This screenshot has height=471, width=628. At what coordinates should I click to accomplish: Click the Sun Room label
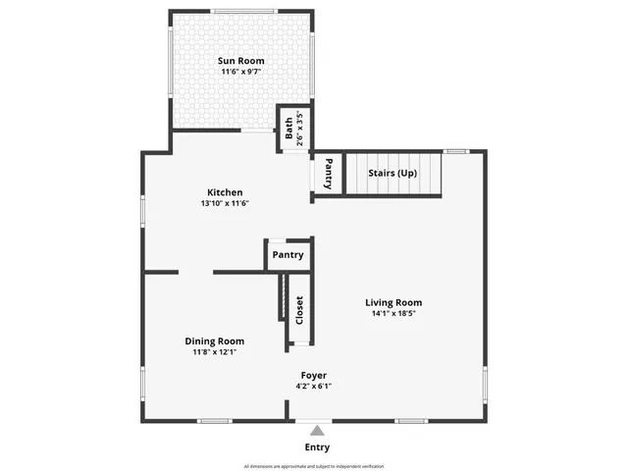[240, 61]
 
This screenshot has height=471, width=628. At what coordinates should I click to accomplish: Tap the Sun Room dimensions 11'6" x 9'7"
[240, 73]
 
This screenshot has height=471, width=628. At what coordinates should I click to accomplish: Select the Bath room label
[288, 127]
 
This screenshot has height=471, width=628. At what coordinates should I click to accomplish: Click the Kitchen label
[225, 192]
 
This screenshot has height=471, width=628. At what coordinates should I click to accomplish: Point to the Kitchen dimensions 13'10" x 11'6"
[225, 204]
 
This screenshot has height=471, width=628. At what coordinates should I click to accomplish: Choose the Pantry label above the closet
[288, 255]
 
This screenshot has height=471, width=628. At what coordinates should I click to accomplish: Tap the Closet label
[299, 311]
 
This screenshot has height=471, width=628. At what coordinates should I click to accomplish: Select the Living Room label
[393, 303]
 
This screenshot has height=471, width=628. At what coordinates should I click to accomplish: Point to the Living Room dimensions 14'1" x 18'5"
[393, 315]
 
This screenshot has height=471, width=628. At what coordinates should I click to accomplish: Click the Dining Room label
[215, 341]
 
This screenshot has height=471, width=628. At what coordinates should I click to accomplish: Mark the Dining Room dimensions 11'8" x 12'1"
[215, 352]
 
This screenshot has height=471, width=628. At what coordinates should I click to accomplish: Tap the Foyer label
[314, 376]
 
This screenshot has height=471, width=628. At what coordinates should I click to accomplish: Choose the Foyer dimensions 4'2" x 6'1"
[314, 387]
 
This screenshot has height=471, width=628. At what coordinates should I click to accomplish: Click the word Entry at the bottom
[317, 447]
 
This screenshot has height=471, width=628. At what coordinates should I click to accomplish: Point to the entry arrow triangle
[316, 429]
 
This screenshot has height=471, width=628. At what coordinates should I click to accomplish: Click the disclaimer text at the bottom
[314, 466]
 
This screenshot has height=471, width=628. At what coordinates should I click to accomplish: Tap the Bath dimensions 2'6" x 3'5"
[301, 127]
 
